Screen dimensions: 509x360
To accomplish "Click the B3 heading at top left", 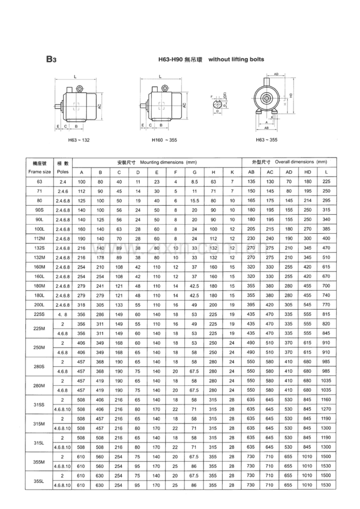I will [x=51, y=59].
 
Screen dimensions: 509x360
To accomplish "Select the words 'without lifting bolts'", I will [x=236, y=60].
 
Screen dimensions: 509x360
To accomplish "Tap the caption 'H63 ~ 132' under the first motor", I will [x=79, y=140].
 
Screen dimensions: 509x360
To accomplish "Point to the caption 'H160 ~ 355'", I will [x=164, y=140].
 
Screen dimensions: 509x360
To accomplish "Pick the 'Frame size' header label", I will [x=39, y=172].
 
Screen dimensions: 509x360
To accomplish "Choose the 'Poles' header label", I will [x=63, y=172].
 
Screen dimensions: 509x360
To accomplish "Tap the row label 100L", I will [x=39, y=229].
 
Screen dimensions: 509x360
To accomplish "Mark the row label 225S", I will [x=39, y=314].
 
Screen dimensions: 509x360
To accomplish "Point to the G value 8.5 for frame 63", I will [x=194, y=181].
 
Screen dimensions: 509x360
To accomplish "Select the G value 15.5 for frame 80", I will [x=194, y=201].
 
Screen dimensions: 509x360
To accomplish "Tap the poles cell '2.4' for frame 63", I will [x=63, y=181].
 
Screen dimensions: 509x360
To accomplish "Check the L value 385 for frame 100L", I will [x=326, y=229].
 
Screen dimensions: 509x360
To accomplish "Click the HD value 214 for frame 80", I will [x=307, y=201].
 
